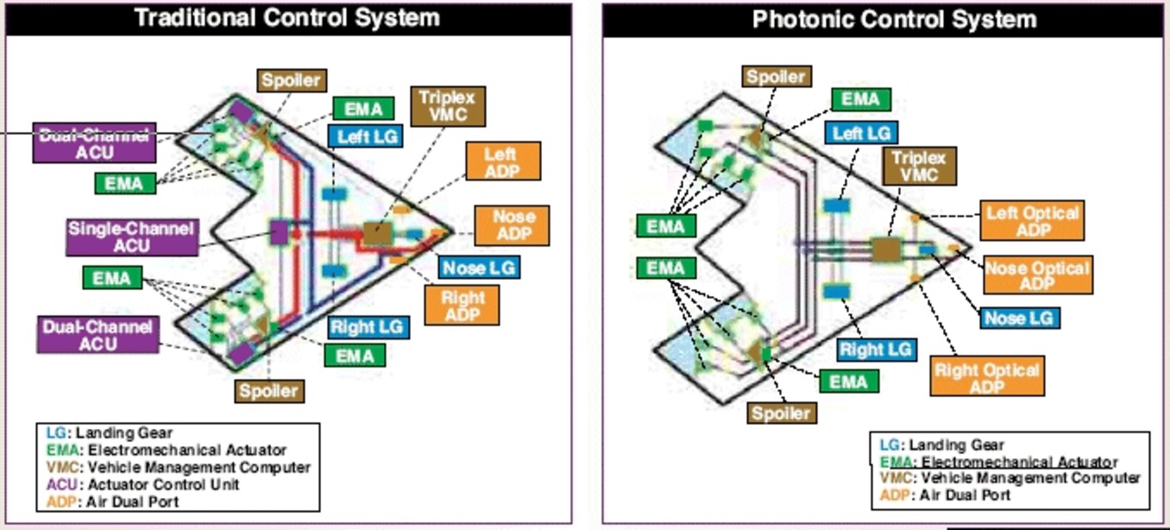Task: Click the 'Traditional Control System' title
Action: [x=286, y=18]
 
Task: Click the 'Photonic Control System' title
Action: [x=894, y=19]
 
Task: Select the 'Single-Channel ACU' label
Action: [x=131, y=237]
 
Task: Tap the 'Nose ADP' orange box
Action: [x=511, y=225]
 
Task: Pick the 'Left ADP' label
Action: [x=502, y=161]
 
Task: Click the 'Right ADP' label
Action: [x=462, y=305]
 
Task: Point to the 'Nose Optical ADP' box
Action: [x=1037, y=274]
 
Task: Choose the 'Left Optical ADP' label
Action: [x=1032, y=220]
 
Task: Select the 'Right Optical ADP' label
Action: [x=987, y=376]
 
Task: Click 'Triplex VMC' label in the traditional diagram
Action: [x=448, y=104]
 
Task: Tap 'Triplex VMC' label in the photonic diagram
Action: [x=918, y=165]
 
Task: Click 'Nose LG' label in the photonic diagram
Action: [x=1019, y=318]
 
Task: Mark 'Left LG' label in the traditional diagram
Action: [x=365, y=136]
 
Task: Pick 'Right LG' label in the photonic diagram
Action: [x=875, y=349]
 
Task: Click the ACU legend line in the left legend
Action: [x=139, y=484]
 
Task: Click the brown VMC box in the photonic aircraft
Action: [x=884, y=249]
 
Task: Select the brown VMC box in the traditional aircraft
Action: [x=376, y=232]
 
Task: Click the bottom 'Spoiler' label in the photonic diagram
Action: [x=781, y=413]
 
